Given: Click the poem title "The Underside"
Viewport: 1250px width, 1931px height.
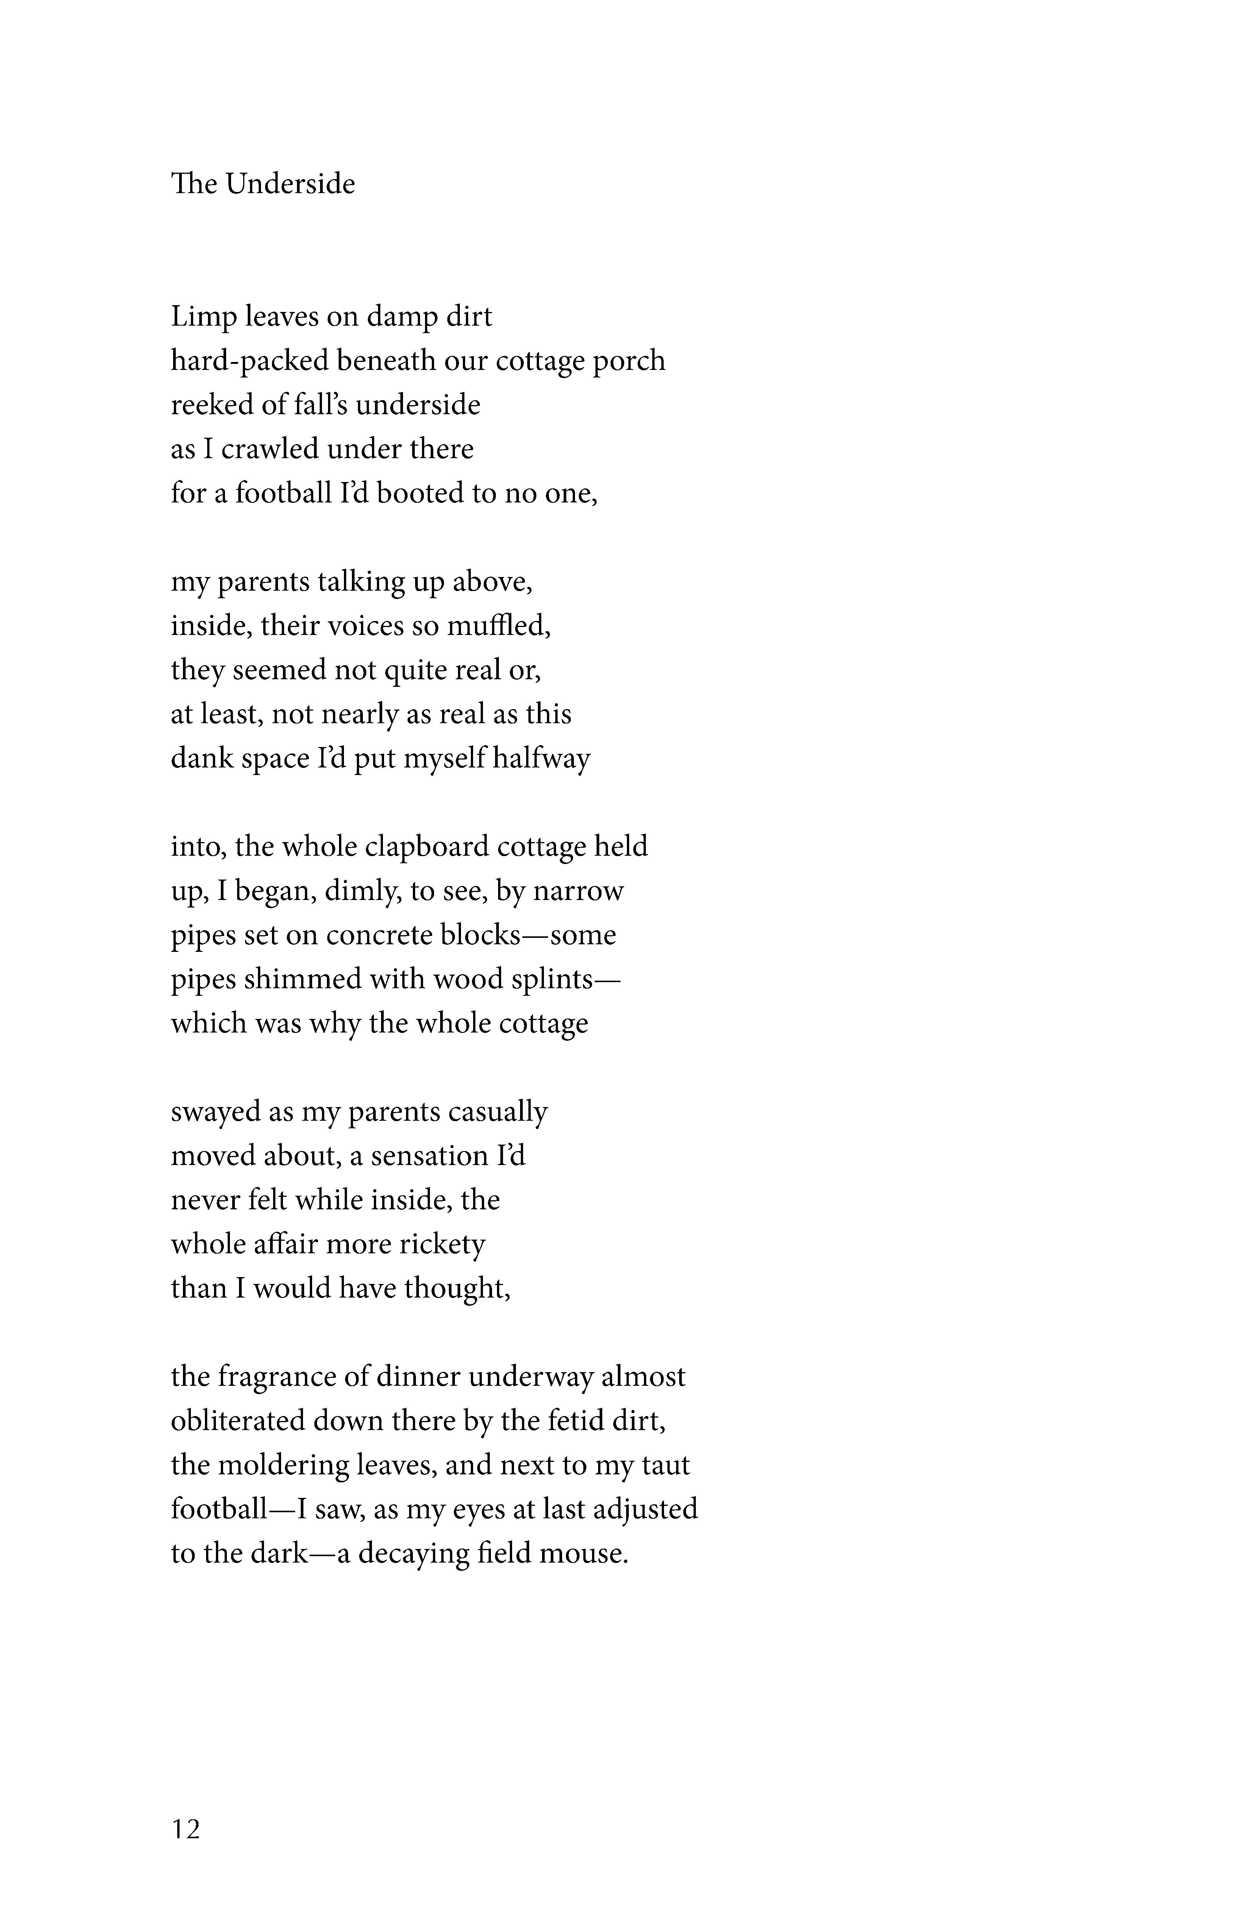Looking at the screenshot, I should click(x=263, y=184).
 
